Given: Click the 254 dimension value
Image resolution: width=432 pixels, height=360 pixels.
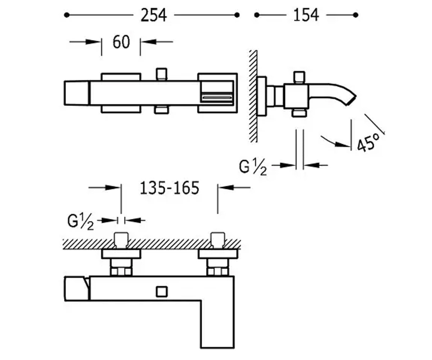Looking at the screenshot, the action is (x=153, y=15).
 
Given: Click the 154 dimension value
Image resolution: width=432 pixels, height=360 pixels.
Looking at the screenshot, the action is (x=306, y=15).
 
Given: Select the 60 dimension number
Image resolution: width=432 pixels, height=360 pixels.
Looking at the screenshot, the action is (x=121, y=42).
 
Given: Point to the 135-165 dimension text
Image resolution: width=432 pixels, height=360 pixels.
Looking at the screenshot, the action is (x=170, y=188).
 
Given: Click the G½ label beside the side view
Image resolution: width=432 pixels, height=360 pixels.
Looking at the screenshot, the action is (x=253, y=167).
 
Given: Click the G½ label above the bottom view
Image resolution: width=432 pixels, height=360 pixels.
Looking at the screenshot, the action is (x=81, y=222).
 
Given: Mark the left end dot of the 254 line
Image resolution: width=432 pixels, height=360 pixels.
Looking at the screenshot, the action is (x=67, y=15).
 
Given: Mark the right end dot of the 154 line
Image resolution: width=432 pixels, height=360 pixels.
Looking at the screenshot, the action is (x=355, y=15).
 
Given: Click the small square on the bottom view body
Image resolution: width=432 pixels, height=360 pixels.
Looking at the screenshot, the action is (x=162, y=292).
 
